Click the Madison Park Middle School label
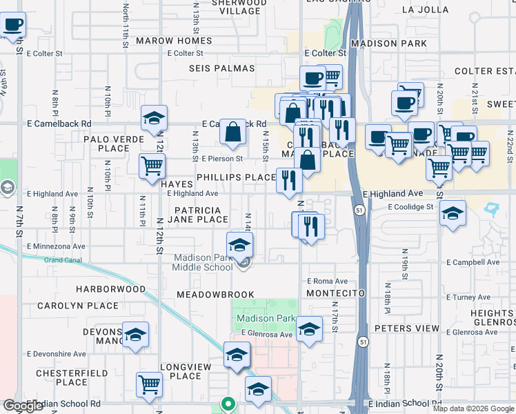[x=202, y=263]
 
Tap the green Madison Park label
[x=266, y=319]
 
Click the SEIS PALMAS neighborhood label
[x=222, y=68]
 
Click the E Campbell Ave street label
[x=473, y=263]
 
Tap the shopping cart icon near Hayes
[x=151, y=166]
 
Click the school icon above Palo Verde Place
[x=154, y=118]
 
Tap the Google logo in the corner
[x=23, y=406]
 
